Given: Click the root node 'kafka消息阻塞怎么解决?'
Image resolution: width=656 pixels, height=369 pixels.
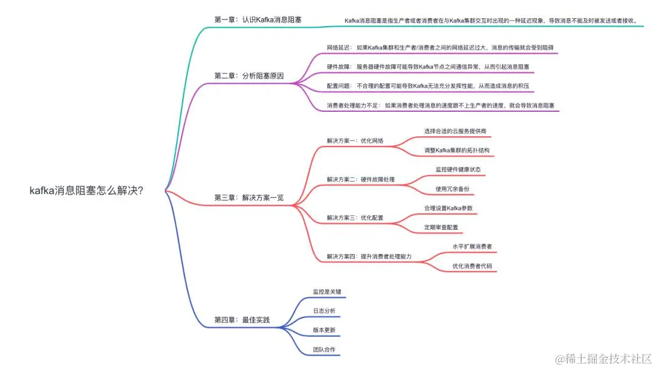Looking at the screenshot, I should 86,190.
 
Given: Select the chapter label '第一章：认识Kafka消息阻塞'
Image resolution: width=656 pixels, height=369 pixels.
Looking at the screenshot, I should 258,20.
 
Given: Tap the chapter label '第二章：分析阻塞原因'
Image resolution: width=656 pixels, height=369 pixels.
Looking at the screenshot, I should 249,76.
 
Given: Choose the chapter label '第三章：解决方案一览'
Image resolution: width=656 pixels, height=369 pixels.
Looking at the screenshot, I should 249,198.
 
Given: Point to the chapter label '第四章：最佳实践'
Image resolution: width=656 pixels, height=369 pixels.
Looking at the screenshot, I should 242,319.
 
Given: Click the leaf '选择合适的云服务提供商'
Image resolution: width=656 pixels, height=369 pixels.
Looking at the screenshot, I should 455,131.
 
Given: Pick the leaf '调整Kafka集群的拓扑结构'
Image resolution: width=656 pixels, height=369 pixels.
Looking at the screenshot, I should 457,150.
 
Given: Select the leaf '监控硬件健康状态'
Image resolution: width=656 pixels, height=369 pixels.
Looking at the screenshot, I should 458,170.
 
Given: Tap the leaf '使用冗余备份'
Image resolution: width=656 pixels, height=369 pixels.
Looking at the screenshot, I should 452,189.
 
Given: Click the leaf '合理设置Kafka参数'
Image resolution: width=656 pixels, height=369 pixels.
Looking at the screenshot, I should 448,208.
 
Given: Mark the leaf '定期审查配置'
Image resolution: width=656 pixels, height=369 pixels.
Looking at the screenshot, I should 442,227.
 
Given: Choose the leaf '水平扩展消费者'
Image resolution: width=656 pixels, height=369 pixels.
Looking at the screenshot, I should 472,247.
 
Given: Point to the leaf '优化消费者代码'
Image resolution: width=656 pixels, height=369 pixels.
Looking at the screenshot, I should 472,266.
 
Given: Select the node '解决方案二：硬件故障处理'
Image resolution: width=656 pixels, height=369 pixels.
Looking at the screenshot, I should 361,179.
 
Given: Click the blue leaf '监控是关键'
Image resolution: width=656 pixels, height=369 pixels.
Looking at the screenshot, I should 327,292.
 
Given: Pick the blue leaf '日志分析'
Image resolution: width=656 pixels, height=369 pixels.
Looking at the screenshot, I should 324,311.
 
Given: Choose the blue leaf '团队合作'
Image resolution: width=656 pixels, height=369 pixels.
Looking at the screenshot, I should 324,350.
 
